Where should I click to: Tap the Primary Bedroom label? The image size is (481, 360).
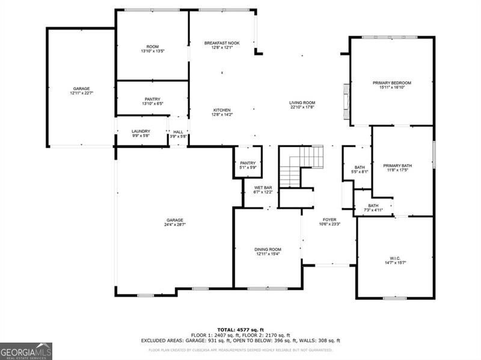click(x=391, y=82)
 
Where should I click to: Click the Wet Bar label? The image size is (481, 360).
click(x=263, y=188)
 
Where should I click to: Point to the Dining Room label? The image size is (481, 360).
click(x=268, y=249)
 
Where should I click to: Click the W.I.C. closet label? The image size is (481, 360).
click(x=395, y=258)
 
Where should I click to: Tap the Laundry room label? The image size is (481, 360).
click(x=141, y=131)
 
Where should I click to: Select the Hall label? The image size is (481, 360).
click(x=179, y=132)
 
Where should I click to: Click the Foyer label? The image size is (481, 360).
click(x=329, y=220)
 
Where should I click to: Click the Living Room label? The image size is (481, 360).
click(x=302, y=103)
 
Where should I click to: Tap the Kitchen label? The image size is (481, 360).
click(x=222, y=110)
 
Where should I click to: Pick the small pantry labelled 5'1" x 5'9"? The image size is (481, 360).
click(x=248, y=165)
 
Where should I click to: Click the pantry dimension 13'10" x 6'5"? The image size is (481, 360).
click(x=152, y=104)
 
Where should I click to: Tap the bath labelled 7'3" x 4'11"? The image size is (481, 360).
click(x=373, y=207)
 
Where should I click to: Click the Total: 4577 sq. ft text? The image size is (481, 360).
click(x=240, y=330)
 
